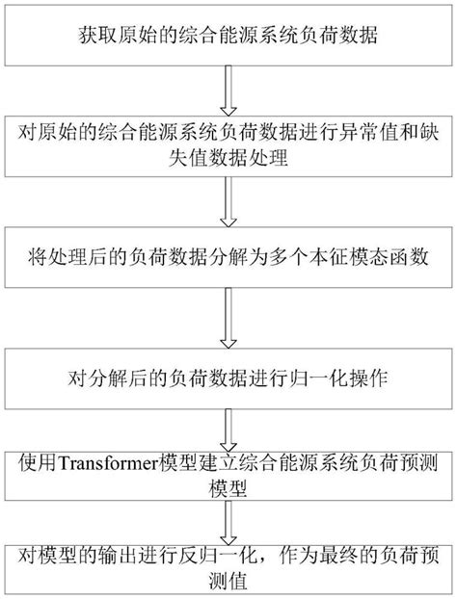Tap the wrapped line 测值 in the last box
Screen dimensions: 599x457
228,580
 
